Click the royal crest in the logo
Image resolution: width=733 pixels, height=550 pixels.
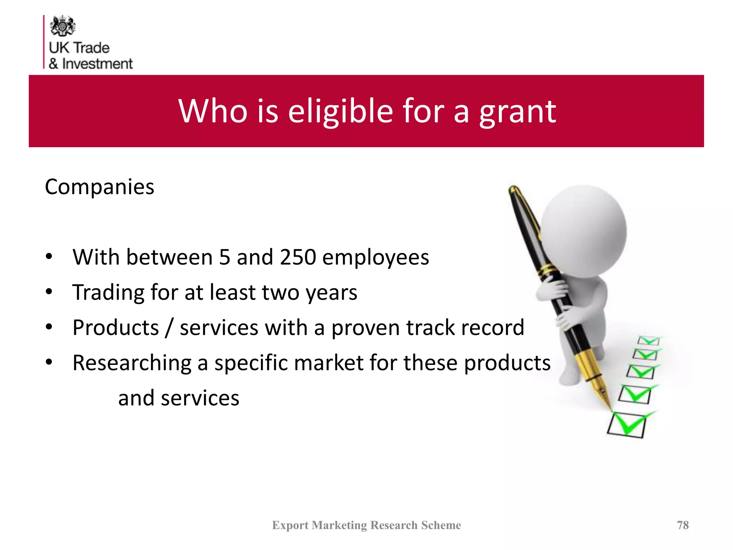63,26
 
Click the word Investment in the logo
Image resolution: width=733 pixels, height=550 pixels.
97,64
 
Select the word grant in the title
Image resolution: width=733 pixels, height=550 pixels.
518,112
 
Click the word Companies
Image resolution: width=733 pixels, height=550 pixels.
99,187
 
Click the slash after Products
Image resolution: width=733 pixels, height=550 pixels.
169,327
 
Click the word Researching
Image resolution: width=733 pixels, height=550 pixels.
132,363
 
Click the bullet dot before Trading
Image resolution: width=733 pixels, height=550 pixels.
49,291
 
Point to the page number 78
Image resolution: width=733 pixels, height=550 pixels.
683,525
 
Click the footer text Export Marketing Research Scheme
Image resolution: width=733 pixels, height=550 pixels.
366,525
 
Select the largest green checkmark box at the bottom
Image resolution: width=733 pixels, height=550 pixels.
627,425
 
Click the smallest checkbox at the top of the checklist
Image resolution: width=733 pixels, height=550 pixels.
648,340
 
